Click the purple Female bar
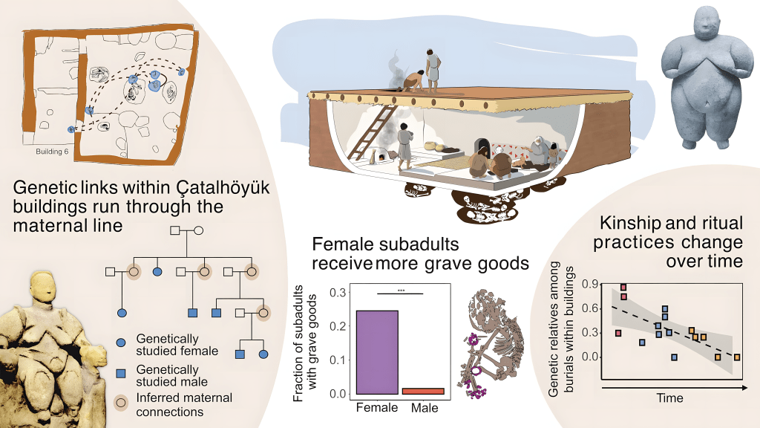click(x=377, y=351)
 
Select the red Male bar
click(x=423, y=391)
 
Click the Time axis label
click(x=669, y=399)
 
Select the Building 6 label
click(x=51, y=152)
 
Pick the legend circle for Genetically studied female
click(x=121, y=343)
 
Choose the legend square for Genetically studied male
click(x=121, y=369)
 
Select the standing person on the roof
click(x=433, y=70)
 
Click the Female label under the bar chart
click(x=378, y=408)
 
